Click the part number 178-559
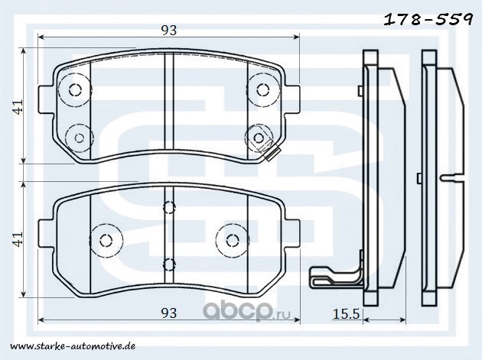coord(428,20)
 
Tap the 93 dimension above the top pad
coord(169,30)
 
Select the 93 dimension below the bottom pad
coord(169,313)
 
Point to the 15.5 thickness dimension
coord(346,313)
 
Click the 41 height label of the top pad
coord(19,106)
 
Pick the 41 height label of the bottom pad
coord(19,239)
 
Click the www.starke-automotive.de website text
coord(73,346)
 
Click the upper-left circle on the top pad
coord(75,89)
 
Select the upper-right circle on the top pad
coord(263,89)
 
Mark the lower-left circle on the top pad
coord(80,138)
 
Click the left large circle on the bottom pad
coord(106,240)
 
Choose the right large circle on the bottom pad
coord(233,240)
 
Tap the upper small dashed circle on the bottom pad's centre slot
coord(169,207)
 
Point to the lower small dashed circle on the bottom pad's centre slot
coord(169,264)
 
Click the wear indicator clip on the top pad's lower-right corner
coord(272,152)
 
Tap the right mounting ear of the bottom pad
coord(292,233)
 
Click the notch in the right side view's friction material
coord(452,177)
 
